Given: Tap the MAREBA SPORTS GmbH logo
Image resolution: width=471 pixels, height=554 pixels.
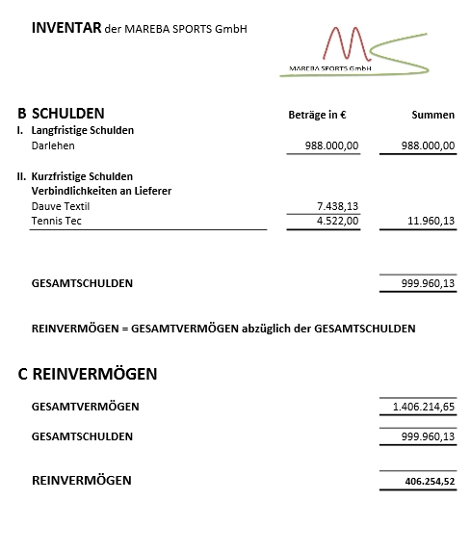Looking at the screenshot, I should click(x=356, y=50).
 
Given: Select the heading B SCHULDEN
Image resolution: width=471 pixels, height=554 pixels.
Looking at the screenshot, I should click(x=61, y=113).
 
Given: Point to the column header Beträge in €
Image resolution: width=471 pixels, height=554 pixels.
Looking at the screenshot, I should click(x=317, y=115).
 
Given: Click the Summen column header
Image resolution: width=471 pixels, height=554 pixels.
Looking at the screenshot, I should click(x=432, y=115).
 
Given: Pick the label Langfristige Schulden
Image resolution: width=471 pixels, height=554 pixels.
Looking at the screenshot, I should click(x=83, y=130).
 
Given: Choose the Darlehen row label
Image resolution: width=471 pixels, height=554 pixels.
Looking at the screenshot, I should click(x=53, y=145).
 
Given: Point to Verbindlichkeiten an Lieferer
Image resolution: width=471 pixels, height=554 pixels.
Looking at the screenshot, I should click(x=101, y=191).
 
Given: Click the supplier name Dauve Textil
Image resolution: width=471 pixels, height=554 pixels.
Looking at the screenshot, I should click(x=61, y=206).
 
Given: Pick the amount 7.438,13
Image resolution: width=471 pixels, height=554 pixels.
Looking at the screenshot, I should click(x=337, y=206).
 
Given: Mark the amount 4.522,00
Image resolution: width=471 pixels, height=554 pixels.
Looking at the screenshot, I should click(x=337, y=222).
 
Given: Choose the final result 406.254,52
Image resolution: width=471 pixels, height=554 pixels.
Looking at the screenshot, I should click(x=430, y=481).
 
